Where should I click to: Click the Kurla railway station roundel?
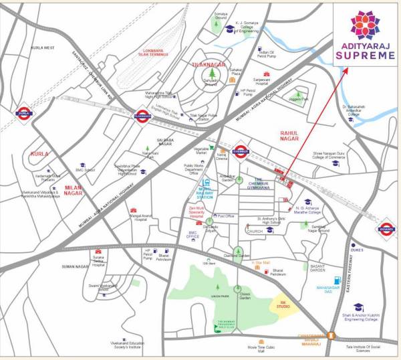click(x=25, y=114)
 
